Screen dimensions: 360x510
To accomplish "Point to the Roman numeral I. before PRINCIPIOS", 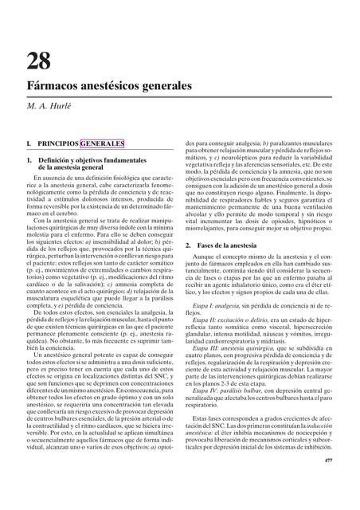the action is coord(27,143).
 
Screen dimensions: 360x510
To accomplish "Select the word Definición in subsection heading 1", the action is coord(57,161).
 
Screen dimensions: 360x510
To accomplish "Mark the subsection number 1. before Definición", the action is coord(28,161).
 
